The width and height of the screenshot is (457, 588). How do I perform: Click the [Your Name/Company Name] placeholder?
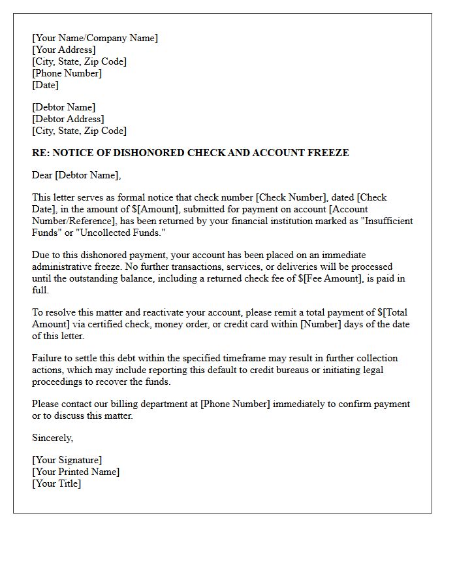click(x=95, y=38)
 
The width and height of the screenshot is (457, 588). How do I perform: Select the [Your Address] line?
click(x=63, y=50)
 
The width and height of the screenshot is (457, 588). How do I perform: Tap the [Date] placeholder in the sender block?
click(x=45, y=85)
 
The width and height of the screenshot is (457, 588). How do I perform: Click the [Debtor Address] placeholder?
click(x=68, y=119)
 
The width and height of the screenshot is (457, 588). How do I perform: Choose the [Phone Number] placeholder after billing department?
click(x=235, y=404)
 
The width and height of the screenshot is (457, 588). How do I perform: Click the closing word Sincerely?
click(x=52, y=438)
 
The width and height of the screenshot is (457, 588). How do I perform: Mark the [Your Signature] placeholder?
click(x=67, y=460)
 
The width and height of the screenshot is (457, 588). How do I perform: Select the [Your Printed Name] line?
click(x=76, y=472)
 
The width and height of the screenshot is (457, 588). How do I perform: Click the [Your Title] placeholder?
click(x=56, y=483)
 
